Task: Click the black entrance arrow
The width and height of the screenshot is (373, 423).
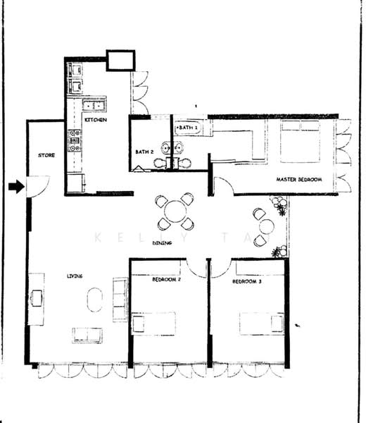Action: coord(15,187)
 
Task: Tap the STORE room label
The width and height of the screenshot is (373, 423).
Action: coord(46,156)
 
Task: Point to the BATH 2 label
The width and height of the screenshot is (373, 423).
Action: coord(144,152)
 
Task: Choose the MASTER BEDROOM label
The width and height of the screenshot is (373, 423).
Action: coord(298,180)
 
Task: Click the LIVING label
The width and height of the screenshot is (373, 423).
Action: coord(75,276)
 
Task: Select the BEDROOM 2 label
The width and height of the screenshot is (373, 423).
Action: coord(167,280)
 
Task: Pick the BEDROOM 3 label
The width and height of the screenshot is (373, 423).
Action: coord(247,282)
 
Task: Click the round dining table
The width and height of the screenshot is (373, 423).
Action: coord(175,211)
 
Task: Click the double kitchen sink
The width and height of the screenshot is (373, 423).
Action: coord(93,106)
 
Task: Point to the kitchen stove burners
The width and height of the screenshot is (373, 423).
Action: coord(75,141)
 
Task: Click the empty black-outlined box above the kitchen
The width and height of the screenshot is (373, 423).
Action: coord(120,60)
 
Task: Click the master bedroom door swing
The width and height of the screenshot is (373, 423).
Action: coord(224,186)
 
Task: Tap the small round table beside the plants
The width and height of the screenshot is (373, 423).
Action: coord(267,226)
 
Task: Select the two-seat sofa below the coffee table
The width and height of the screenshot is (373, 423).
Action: coord(87,335)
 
